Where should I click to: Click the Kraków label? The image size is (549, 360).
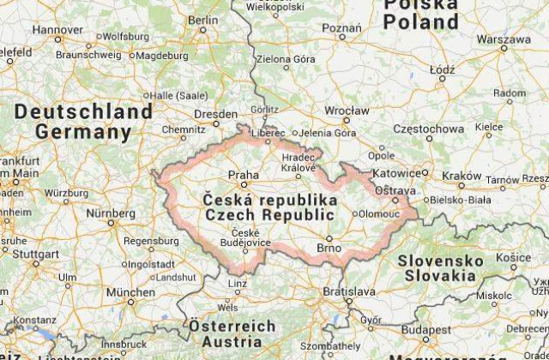[x=462, y=174]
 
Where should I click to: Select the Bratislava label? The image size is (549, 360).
[x=348, y=292]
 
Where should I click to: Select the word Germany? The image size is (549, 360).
[x=84, y=133]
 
